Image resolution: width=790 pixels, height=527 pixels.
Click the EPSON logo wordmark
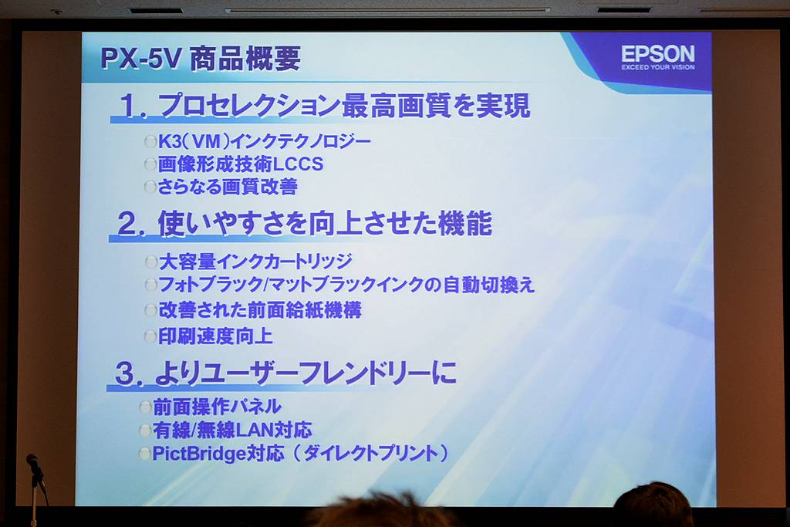coord(657,53)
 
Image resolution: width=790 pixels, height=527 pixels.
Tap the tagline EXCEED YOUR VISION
coord(657,67)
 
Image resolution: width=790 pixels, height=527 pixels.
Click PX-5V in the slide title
coord(140,58)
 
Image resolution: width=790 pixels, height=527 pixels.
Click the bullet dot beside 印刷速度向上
coord(150,336)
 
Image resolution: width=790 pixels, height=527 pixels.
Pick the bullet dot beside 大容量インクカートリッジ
coord(150,262)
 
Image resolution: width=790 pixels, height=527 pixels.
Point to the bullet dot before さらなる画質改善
coord(150,187)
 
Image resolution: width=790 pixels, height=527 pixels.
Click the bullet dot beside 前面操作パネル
coord(146,407)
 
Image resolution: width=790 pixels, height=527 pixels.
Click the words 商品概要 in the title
coord(245,59)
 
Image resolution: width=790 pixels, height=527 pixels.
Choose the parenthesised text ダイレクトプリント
coord(371,454)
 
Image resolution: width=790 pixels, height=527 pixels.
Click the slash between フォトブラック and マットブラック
coord(266,285)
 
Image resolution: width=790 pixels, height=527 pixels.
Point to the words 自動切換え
coord(488,285)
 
